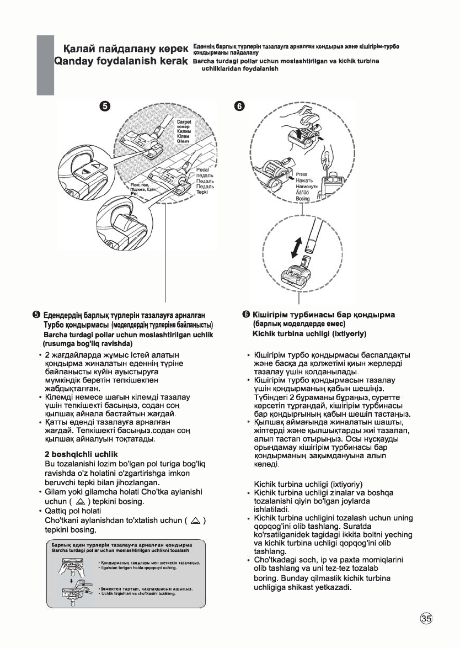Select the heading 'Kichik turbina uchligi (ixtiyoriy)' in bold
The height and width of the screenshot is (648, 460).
point(311,334)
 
